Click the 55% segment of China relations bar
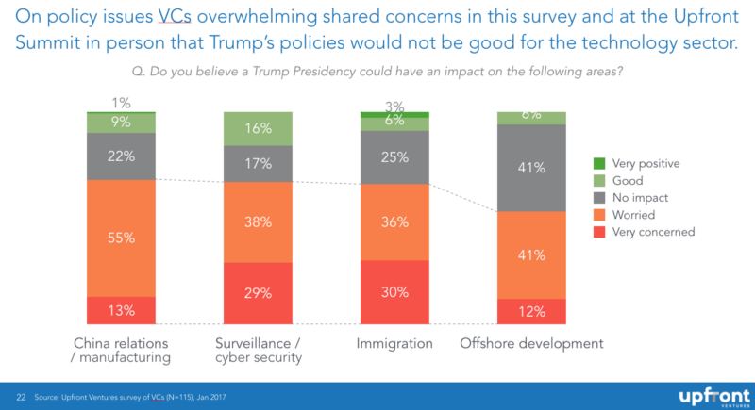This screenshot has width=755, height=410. [121, 238]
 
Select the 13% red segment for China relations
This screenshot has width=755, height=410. [121, 311]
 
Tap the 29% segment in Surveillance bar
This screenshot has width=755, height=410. [258, 293]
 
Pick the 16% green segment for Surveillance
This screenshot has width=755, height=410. [258, 128]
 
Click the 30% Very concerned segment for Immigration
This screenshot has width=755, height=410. [394, 292]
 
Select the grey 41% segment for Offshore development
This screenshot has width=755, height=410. [531, 168]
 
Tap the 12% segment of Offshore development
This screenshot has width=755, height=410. [531, 312]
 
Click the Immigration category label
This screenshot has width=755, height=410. [395, 343]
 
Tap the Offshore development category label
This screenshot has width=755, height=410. [531, 343]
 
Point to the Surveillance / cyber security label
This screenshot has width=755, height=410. [258, 351]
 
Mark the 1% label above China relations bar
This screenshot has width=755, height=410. [121, 103]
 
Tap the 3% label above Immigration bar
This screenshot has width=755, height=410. [394, 106]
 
